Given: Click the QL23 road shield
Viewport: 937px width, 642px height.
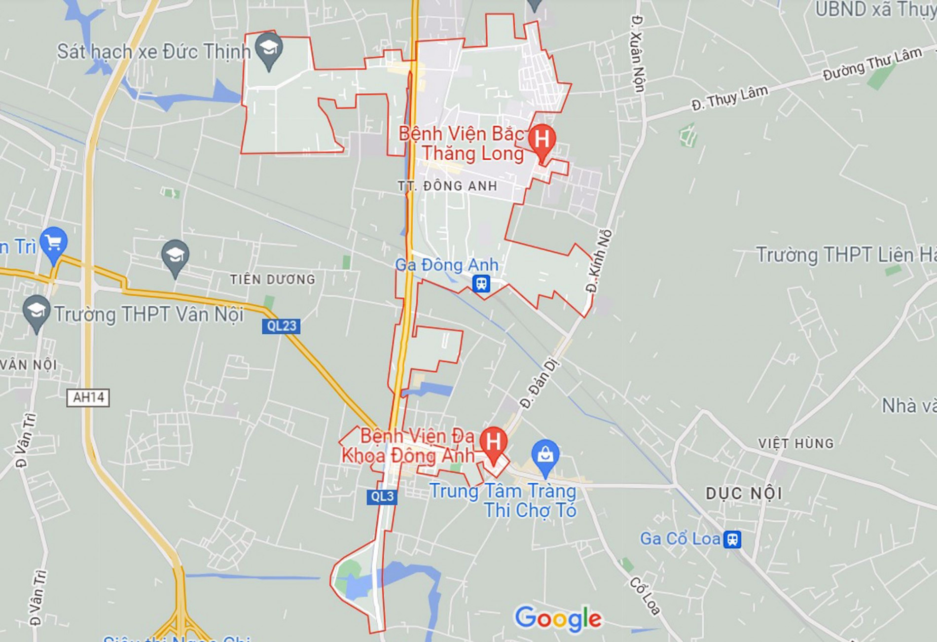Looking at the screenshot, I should click(x=281, y=326).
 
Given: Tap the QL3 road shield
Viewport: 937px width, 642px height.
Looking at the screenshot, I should click(x=382, y=497).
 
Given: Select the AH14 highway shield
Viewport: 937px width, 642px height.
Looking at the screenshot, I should click(x=88, y=397).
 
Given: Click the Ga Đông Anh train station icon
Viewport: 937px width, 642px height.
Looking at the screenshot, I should click(x=481, y=284).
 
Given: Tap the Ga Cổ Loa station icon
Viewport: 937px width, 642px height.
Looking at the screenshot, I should click(x=732, y=539).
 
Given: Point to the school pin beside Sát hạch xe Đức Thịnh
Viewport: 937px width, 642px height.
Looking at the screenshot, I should click(x=269, y=49).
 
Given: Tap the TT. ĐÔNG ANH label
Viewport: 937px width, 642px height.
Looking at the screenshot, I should click(x=447, y=186).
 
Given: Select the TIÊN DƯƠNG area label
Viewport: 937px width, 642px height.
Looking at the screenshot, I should click(x=272, y=280).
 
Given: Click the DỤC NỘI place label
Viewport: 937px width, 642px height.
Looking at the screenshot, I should click(x=744, y=493).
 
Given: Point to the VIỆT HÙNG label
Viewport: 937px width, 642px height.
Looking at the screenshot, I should click(x=795, y=443).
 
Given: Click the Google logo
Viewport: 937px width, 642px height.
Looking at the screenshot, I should click(x=558, y=618).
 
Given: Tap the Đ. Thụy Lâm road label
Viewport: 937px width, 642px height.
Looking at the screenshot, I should click(x=729, y=98).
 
